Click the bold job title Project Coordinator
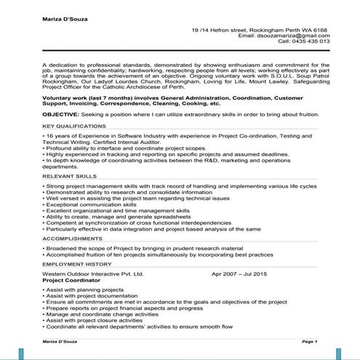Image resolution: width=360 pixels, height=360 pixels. click(73, 280)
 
